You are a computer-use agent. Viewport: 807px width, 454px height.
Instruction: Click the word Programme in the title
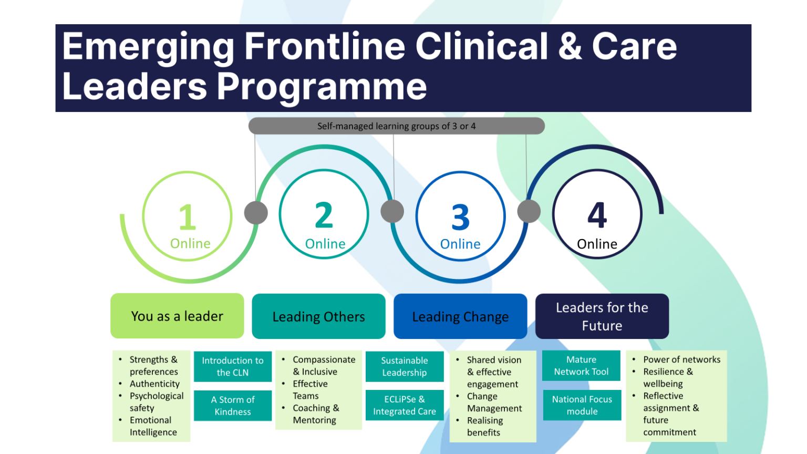click(322, 87)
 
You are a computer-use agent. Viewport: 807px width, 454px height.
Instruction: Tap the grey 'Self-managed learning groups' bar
click(396, 126)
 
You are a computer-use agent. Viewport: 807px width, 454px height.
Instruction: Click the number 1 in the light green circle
click(187, 217)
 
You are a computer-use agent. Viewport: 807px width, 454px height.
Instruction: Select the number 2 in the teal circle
click(324, 215)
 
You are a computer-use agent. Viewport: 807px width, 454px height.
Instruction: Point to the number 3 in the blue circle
click(460, 218)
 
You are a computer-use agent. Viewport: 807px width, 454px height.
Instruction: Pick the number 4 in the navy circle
click(597, 215)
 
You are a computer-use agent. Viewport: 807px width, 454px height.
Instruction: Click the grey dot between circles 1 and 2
click(256, 213)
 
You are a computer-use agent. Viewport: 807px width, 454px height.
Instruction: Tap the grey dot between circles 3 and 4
click(529, 211)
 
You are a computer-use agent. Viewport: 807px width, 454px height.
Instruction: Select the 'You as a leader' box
click(177, 316)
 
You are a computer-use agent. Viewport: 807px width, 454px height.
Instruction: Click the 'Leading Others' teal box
click(318, 316)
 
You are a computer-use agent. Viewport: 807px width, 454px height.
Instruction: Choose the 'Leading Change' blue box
click(460, 316)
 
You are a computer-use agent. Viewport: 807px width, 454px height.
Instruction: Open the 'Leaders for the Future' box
click(602, 316)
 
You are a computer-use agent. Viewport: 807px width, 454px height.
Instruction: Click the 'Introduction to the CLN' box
click(233, 366)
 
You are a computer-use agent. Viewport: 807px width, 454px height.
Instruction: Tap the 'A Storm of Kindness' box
click(233, 406)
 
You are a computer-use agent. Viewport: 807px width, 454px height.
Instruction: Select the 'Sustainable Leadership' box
click(405, 366)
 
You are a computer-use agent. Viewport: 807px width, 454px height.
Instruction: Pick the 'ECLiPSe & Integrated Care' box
click(405, 405)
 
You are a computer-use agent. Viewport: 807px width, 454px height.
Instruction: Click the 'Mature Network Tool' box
click(581, 366)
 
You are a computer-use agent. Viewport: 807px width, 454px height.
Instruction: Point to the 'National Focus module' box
click(582, 405)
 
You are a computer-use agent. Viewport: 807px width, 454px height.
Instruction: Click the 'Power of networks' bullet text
click(681, 359)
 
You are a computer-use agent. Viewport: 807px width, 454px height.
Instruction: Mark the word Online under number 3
click(460, 244)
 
